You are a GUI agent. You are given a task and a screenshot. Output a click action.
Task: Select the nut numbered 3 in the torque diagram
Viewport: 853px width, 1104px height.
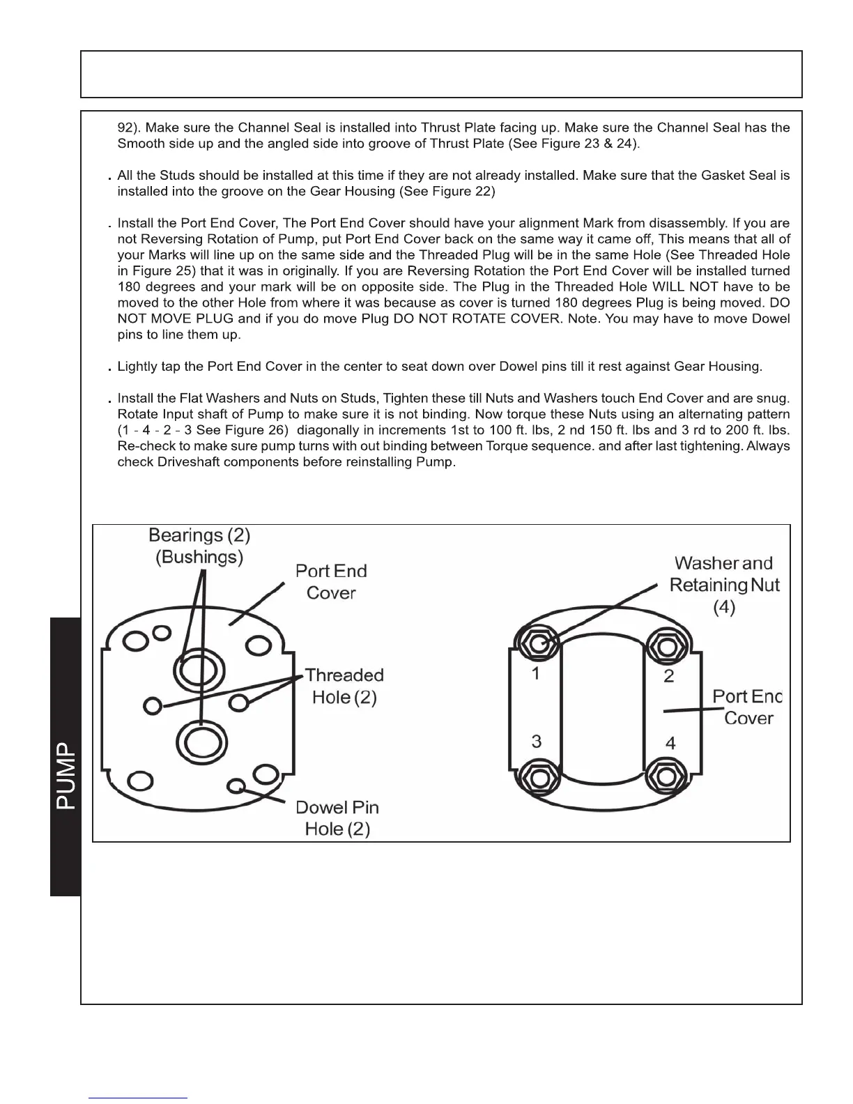(x=537, y=776)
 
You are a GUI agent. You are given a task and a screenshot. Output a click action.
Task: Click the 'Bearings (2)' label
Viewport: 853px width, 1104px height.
(x=199, y=535)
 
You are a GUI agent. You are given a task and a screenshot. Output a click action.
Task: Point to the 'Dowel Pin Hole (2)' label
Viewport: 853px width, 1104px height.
(x=337, y=818)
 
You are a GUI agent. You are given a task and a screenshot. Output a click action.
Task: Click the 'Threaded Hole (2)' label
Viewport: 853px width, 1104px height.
(x=344, y=686)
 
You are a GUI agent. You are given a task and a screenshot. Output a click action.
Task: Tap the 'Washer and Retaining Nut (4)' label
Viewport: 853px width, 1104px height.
(x=724, y=585)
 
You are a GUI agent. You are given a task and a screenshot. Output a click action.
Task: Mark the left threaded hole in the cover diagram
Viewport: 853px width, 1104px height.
(x=152, y=705)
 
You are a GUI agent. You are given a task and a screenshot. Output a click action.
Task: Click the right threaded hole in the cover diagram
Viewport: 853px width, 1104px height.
(x=239, y=701)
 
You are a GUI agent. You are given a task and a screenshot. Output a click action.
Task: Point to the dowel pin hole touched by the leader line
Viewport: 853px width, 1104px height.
(x=237, y=785)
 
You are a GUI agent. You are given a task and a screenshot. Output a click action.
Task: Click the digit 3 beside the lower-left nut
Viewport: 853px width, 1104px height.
(x=536, y=741)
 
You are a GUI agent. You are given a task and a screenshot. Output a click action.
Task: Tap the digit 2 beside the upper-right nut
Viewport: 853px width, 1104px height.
(x=669, y=676)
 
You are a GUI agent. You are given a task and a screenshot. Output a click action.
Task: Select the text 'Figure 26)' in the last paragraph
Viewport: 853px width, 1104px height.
(x=259, y=431)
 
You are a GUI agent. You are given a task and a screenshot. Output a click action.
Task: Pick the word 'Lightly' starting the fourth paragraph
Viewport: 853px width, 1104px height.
(x=137, y=367)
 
